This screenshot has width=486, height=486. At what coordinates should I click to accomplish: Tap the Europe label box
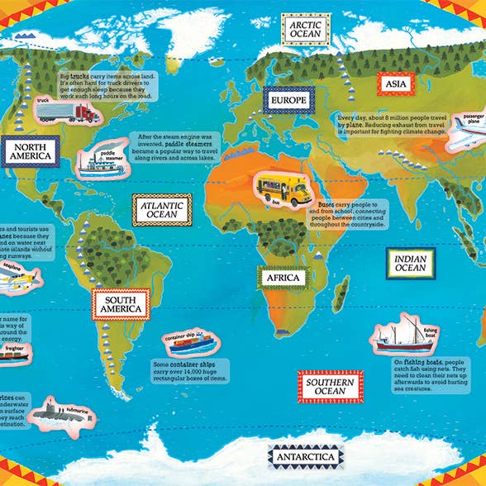coord(287,101)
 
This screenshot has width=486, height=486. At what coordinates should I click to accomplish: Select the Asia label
coord(391,83)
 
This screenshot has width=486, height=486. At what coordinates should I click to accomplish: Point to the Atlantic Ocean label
coord(162,209)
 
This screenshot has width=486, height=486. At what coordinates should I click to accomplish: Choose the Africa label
coord(283,279)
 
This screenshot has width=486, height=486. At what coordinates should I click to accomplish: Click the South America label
coord(121,303)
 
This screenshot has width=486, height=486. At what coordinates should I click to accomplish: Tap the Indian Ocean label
coord(411,263)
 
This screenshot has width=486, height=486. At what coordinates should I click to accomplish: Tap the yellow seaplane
coord(17,280)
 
